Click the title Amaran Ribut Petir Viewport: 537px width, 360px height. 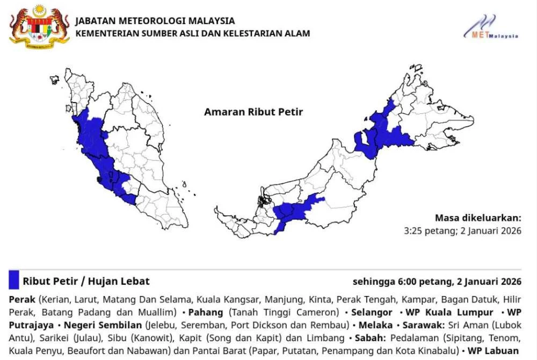[x=253, y=112]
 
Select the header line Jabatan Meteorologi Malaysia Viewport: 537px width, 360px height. [x=155, y=21]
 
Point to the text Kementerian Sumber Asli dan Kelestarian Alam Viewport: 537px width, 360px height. [x=193, y=33]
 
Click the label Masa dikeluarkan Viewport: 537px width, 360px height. [x=478, y=218]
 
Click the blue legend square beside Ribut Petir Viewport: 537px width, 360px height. [x=14, y=280]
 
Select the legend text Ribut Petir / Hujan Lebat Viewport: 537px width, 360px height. [x=86, y=281]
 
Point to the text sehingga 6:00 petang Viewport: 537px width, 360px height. [x=393, y=282]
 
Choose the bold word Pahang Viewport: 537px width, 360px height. [x=207, y=312]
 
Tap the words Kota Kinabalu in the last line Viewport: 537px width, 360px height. [x=430, y=351]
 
